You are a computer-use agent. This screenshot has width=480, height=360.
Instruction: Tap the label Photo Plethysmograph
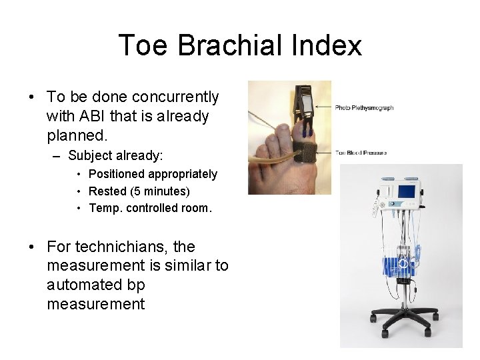[x=364, y=107]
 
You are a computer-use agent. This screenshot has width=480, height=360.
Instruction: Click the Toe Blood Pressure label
[x=361, y=153]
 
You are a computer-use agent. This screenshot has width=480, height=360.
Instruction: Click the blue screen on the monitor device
[x=407, y=191]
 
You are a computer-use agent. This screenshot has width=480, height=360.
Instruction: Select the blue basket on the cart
[x=400, y=263]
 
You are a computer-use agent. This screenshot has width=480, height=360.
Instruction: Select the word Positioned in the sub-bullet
[x=116, y=174]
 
